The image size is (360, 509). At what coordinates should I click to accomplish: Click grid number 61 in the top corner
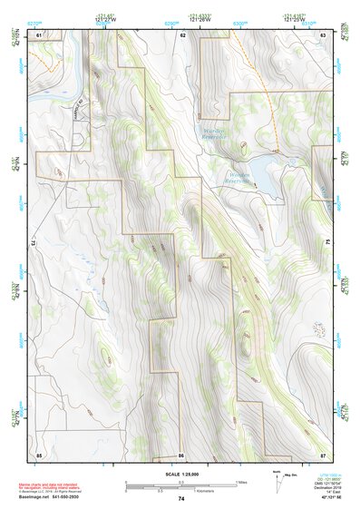coord(39,34)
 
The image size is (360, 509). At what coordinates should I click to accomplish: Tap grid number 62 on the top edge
coord(182,34)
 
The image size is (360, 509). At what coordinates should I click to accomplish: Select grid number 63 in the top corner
coord(322,34)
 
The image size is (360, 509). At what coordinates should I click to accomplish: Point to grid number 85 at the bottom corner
coord(39,454)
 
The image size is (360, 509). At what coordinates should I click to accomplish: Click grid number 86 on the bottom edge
coord(181,454)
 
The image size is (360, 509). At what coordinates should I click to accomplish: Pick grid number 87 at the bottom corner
coord(322,454)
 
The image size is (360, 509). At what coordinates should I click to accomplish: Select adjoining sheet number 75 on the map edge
coord(327,243)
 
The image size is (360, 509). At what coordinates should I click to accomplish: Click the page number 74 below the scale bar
coord(180,498)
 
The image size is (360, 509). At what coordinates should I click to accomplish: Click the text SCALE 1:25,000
coord(180,475)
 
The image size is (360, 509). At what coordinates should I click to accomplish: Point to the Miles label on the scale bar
coord(242,482)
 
